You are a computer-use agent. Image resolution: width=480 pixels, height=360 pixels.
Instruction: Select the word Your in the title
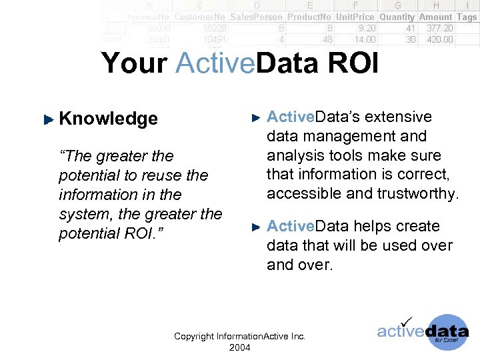(x=135, y=64)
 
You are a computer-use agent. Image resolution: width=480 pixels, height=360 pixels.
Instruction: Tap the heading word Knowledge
(x=109, y=119)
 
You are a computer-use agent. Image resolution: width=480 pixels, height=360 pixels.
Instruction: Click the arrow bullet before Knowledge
(x=47, y=120)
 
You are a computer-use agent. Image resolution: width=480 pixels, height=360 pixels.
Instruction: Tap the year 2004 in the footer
(x=239, y=347)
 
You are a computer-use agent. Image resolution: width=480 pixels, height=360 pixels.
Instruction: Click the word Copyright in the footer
(x=194, y=337)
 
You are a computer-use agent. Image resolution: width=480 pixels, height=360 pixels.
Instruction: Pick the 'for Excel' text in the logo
(x=446, y=339)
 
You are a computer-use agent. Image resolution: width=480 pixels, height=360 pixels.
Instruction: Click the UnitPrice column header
(x=355, y=17)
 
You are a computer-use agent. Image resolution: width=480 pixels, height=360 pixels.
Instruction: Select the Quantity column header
(x=397, y=17)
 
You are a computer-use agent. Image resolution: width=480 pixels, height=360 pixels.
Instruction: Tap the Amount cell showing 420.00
(x=439, y=39)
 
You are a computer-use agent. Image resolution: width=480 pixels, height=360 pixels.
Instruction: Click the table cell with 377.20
(x=439, y=29)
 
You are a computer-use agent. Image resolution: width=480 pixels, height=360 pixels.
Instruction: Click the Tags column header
(x=467, y=17)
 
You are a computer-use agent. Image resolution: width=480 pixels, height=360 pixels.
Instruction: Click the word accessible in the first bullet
(x=301, y=194)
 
